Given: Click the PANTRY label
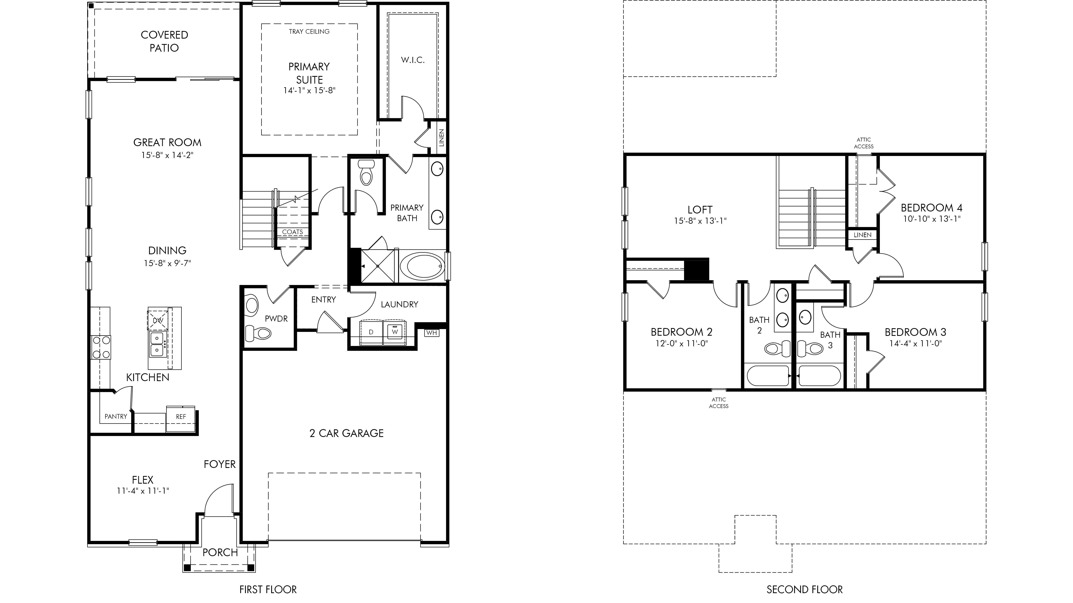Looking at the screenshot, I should tap(116, 416).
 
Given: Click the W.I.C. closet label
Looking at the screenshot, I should tap(413, 60).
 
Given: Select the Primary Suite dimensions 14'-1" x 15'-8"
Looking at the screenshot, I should tap(309, 90).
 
